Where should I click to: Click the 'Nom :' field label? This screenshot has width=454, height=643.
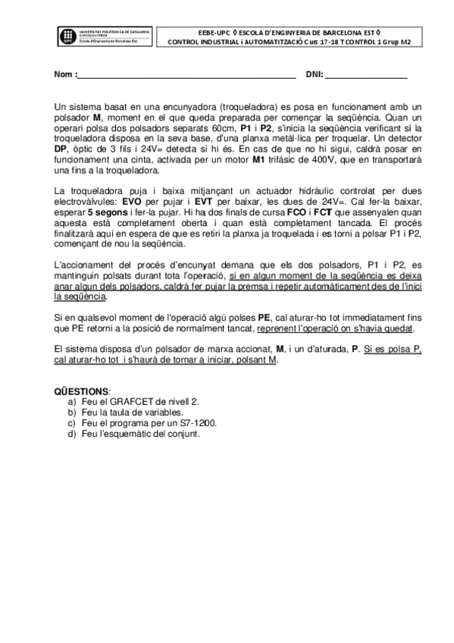64,75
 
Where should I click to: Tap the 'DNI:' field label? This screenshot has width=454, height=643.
314,75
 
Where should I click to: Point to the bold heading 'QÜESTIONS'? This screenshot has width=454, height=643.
81,390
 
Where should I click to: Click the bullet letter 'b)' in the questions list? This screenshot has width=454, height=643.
72,412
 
